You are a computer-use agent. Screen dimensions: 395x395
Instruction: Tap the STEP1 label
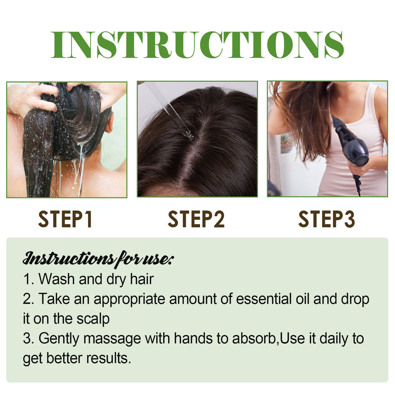click(66, 219)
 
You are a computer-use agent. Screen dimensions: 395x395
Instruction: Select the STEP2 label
click(196, 219)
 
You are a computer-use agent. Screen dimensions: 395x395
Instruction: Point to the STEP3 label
click(326, 219)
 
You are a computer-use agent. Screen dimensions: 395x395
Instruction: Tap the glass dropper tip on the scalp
click(189, 135)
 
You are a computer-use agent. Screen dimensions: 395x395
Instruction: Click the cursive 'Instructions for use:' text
click(98, 258)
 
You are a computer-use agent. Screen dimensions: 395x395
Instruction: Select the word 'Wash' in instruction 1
click(57, 279)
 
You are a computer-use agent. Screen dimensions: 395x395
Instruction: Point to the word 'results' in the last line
click(108, 359)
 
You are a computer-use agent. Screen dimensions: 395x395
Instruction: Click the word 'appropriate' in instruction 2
click(130, 300)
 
